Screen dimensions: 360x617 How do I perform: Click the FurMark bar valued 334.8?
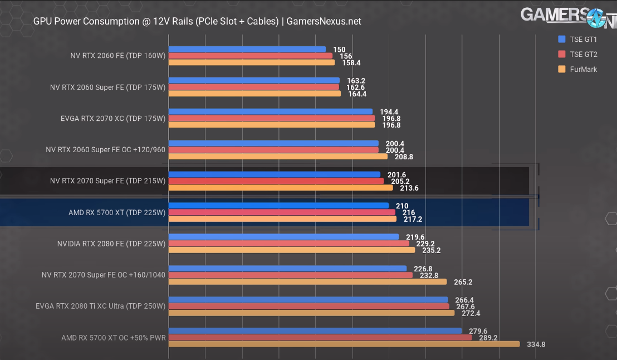tap(344, 344)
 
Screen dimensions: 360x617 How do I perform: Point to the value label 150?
tap(339, 50)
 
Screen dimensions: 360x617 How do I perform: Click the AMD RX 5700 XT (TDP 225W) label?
tap(117, 212)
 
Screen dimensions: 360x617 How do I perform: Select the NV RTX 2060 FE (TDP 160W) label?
tap(118, 56)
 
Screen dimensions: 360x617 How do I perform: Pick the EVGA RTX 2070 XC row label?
tap(113, 118)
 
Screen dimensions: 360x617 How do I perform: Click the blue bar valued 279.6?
tap(315, 331)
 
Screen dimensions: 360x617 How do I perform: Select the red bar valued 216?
tap(282, 212)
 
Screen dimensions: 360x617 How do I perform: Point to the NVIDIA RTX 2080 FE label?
tap(111, 244)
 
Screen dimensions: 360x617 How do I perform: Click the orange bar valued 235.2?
tap(292, 250)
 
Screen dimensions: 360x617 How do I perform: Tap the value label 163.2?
tap(356, 81)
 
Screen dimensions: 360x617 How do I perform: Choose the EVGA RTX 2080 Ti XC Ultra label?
tap(101, 306)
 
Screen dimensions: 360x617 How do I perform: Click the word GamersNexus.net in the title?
tap(324, 21)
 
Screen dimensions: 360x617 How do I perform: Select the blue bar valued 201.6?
tap(275, 174)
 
